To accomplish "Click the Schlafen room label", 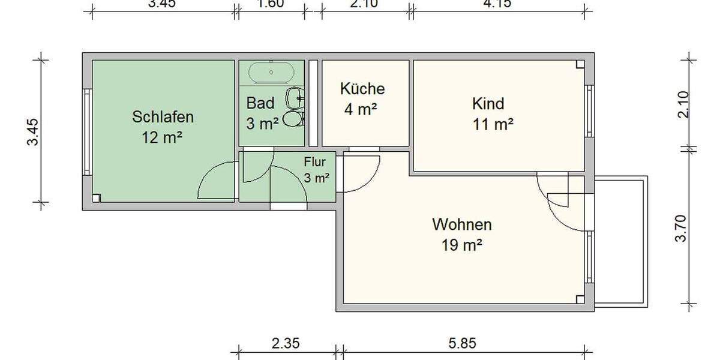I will coord(163,116).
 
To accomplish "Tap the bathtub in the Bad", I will coord(272,72).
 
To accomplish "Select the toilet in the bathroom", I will coord(293,118).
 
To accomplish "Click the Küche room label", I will coord(362,89).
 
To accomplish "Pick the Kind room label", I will coord(488,104).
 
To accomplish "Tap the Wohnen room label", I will coord(462,225).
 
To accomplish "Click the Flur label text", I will coord(314,161).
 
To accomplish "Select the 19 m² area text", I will coord(462,245).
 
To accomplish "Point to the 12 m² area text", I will coord(162,137).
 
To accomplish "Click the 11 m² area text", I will coord(493,125).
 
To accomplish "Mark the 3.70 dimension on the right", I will coord(680,229).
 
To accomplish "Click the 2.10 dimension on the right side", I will coord(680,104).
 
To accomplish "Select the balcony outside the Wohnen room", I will coord(622,240).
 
